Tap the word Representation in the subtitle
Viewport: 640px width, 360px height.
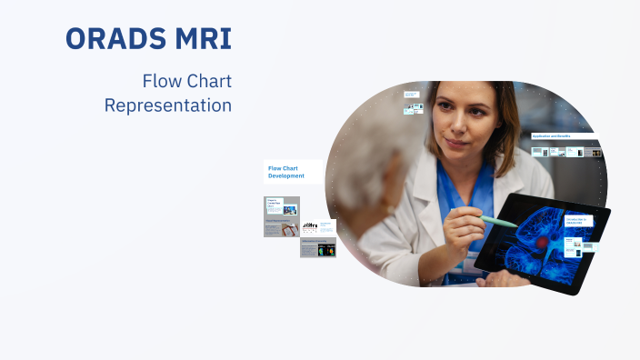coord(167,105)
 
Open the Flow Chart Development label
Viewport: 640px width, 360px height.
coord(291,171)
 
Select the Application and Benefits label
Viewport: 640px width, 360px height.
coord(564,135)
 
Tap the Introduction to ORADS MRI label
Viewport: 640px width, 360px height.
coord(578,221)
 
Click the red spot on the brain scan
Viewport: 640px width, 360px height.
coord(544,243)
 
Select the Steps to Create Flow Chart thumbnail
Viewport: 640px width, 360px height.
coord(282,208)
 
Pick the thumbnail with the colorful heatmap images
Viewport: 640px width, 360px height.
coord(318,248)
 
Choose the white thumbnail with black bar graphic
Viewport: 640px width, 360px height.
coord(318,226)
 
